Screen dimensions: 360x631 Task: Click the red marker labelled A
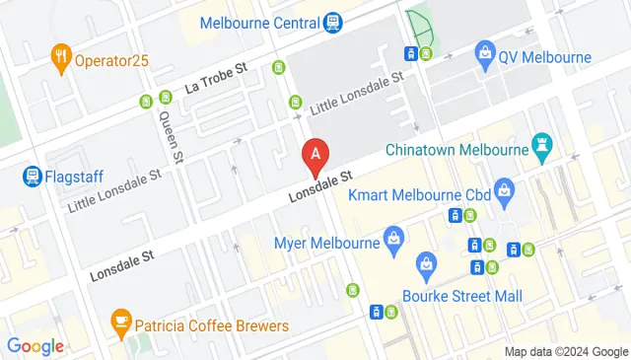click(315, 154)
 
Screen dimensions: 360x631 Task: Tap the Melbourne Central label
click(260, 22)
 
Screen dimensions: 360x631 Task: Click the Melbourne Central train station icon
click(333, 22)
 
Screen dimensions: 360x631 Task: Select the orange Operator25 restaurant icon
click(61, 58)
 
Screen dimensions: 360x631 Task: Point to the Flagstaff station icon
click(32, 178)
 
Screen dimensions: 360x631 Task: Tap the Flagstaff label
click(73, 178)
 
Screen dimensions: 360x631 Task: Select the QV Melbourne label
click(544, 57)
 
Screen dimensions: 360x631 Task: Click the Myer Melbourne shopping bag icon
click(393, 238)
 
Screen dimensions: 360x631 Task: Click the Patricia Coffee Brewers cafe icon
click(121, 321)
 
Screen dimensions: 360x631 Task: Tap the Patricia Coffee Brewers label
click(212, 325)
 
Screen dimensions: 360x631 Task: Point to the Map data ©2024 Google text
click(566, 351)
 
